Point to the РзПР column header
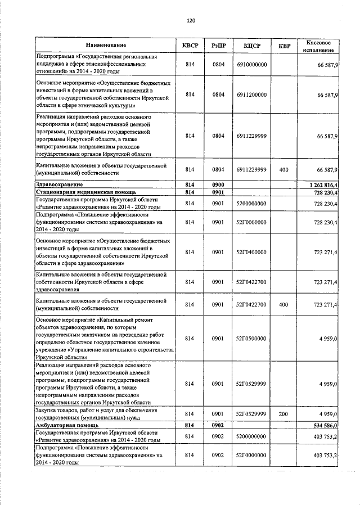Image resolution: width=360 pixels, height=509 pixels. [x=218, y=45]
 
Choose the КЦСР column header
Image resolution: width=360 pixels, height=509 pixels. [x=251, y=45]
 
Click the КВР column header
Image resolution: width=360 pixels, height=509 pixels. [x=285, y=45]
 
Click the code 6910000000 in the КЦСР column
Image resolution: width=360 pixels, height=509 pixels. [x=251, y=65]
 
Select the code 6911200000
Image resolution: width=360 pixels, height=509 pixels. [x=251, y=95]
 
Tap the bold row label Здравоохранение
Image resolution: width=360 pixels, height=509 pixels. [x=60, y=184]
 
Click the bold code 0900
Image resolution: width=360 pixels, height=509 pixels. [x=218, y=184]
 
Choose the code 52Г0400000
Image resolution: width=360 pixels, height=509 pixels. [x=251, y=253]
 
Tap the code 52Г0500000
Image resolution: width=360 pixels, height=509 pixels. [x=251, y=338]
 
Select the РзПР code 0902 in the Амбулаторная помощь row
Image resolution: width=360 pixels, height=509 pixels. [x=218, y=425]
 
